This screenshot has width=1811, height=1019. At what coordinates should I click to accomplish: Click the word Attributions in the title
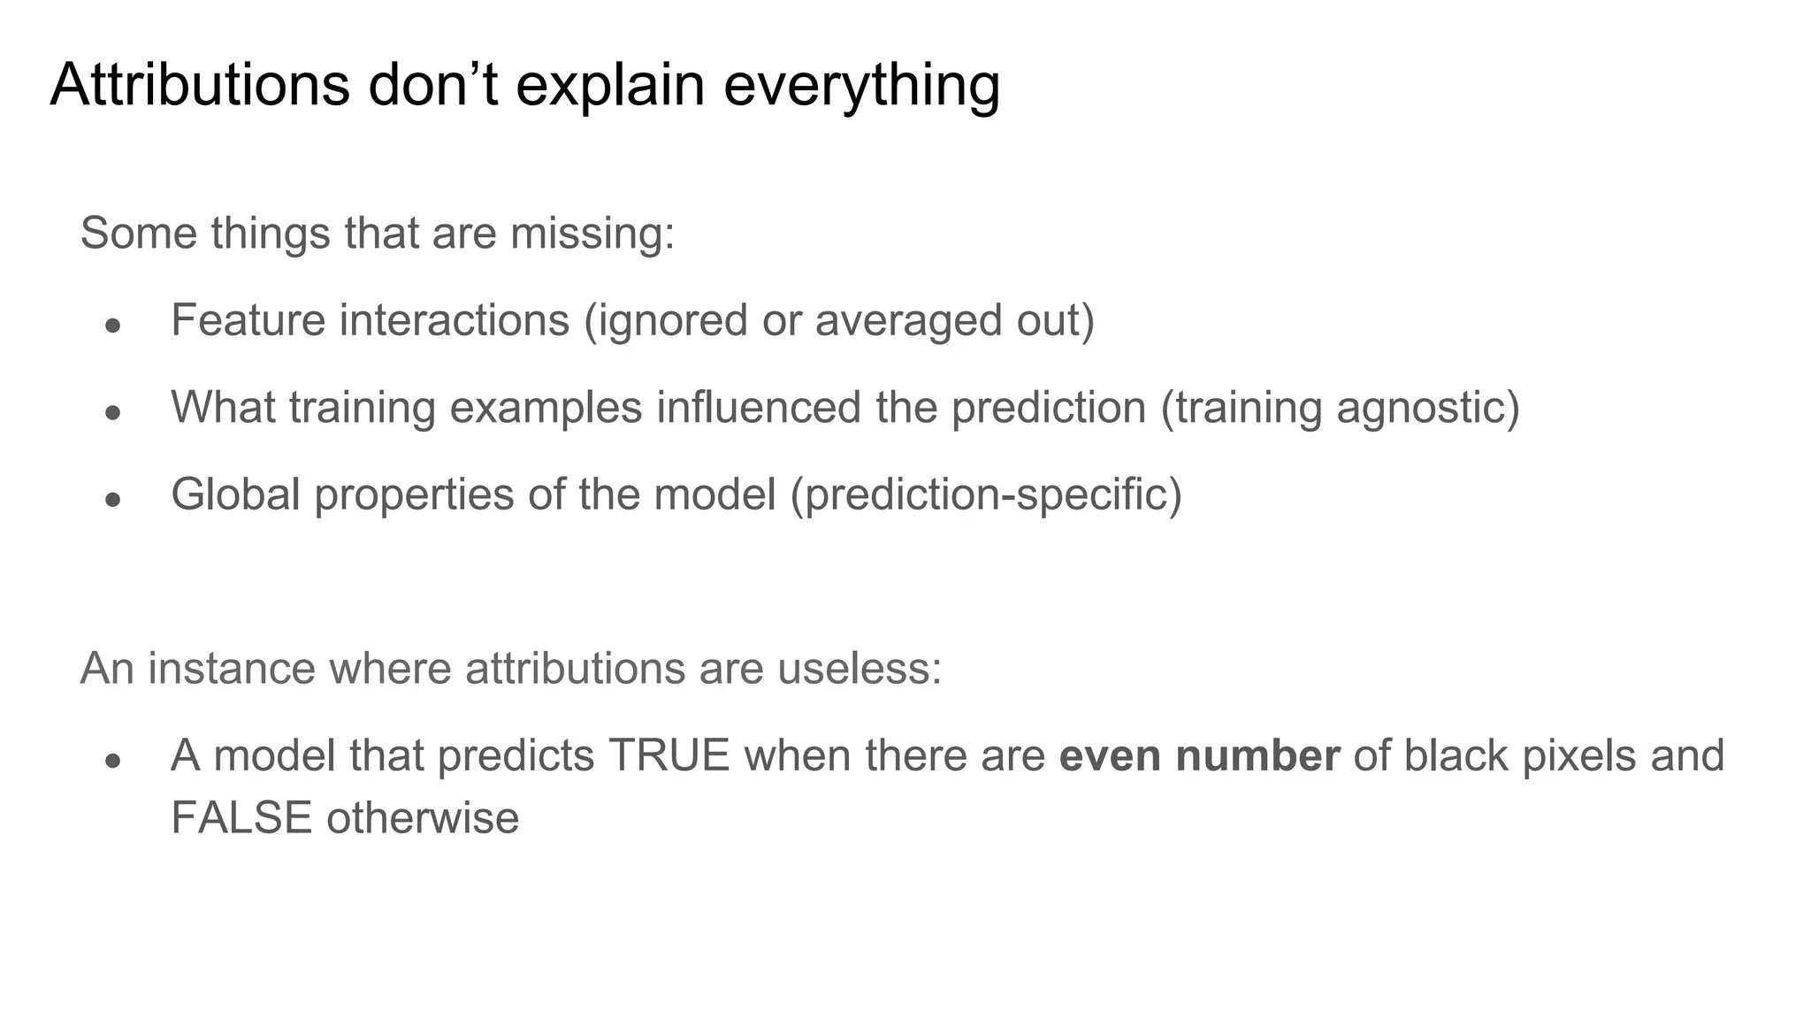200,86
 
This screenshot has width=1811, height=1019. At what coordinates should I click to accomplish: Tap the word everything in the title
861,86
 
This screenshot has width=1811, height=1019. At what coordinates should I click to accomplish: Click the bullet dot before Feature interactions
112,326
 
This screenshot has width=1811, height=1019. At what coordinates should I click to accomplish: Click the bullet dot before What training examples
112,412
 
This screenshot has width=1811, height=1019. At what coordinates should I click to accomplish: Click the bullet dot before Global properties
112,499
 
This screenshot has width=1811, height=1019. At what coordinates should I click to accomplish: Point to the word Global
236,494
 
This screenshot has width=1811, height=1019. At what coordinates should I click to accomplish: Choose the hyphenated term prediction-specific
986,494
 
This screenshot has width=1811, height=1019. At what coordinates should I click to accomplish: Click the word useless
859,668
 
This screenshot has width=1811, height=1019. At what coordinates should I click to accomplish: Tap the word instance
231,668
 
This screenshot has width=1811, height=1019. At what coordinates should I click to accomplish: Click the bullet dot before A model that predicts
112,761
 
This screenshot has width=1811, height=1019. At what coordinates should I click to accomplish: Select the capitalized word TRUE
669,755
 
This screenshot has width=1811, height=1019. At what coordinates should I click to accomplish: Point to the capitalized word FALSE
241,817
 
